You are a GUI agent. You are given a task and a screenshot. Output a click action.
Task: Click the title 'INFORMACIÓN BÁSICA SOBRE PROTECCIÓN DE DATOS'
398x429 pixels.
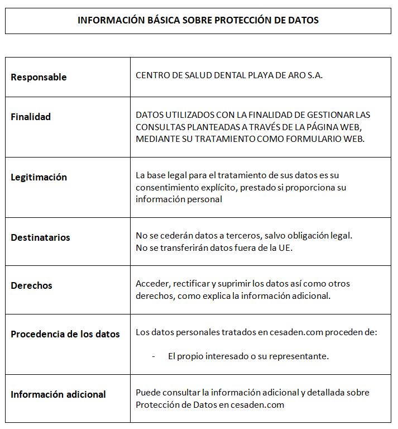coord(198,21)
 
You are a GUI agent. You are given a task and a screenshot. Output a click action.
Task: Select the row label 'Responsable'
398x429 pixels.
coord(39,77)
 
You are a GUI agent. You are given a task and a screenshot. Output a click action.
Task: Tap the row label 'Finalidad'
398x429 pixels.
coord(31,117)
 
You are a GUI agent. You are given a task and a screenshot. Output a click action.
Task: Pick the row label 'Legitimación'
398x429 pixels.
coord(39,177)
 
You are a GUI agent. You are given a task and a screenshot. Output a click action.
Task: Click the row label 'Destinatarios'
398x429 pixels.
coord(40,237)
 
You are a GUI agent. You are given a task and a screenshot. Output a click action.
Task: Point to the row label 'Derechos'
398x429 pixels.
coord(31,285)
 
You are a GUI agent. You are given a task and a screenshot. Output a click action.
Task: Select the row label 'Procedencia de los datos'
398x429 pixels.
coord(65,334)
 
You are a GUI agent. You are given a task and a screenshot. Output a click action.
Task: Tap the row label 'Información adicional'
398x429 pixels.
coord(58,394)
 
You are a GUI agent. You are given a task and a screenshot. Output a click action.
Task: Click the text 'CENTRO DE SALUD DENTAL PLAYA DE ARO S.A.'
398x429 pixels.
coord(229,75)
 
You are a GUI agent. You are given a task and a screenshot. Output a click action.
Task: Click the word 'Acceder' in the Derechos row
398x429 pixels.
coord(151,284)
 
